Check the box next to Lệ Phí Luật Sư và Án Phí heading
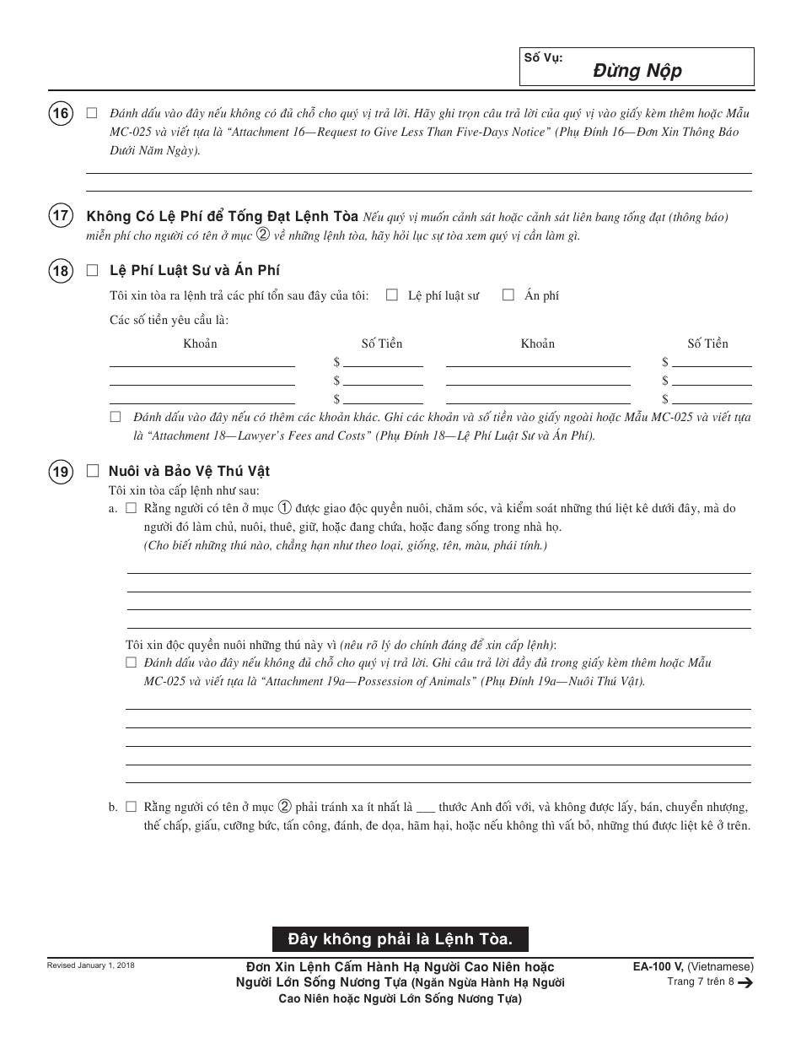pos(93,270)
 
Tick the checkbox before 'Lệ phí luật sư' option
pos(392,295)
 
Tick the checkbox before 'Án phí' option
pos(508,295)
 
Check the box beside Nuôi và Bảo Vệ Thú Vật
pos(93,471)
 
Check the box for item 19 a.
pos(131,509)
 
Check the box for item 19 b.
pos(131,807)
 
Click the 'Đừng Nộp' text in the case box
pos(637,71)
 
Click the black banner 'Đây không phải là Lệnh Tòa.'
pos(400,938)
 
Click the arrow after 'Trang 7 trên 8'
pos(745,982)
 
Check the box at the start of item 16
pos(92,113)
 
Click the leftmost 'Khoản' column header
pos(200,343)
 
